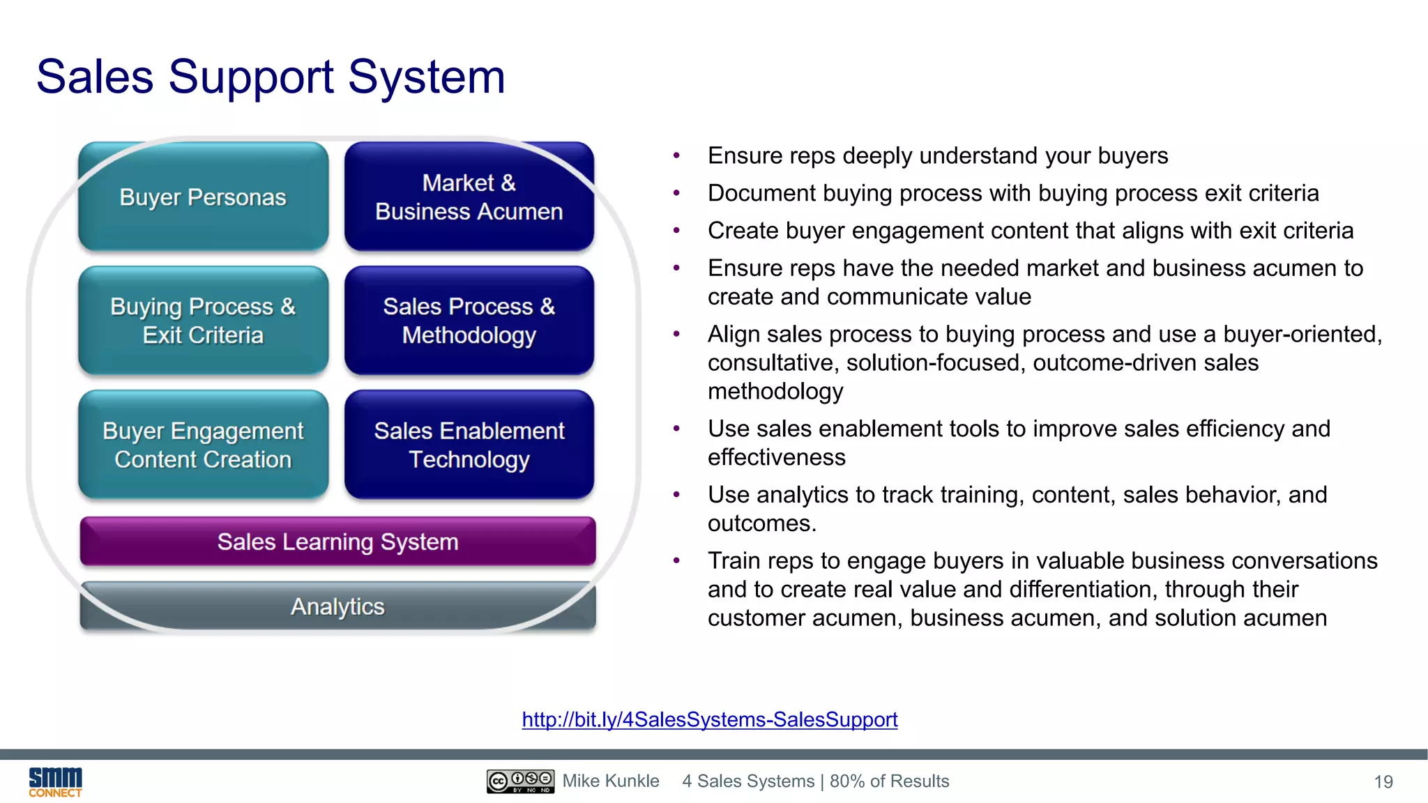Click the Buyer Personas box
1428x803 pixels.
click(203, 197)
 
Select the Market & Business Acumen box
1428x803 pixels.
click(469, 197)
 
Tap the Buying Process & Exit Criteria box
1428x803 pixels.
click(203, 321)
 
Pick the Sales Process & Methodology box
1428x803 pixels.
click(469, 321)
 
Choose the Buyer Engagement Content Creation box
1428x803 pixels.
click(203, 445)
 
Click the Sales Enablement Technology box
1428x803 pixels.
click(469, 445)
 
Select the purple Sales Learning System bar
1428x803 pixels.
click(337, 542)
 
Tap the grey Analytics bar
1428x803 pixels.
click(337, 606)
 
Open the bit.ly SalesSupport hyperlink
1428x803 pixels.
click(709, 719)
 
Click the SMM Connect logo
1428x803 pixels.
click(55, 781)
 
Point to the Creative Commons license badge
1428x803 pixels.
click(520, 781)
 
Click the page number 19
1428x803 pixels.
click(1383, 782)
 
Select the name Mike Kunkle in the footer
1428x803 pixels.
click(611, 781)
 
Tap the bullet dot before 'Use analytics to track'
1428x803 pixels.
click(676, 495)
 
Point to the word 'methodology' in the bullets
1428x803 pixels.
click(775, 391)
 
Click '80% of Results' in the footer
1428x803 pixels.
click(889, 781)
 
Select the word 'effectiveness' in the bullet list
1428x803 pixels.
click(777, 457)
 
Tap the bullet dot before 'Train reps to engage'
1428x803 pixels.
click(676, 561)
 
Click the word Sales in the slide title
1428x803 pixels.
click(94, 77)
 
